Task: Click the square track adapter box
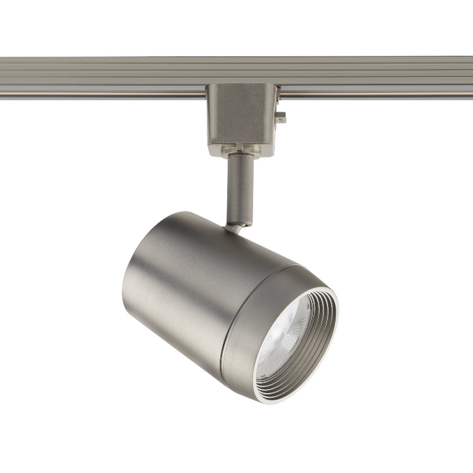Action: tap(241, 119)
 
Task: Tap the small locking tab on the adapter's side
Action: tap(280, 118)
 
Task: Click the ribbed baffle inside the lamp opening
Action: tap(318, 345)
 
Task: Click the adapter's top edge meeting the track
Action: tap(241, 86)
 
